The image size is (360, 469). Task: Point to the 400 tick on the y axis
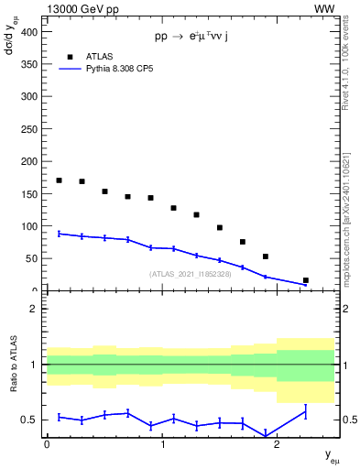pyautogui.click(x=30, y=31)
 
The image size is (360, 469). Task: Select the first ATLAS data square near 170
pyautogui.click(x=60, y=180)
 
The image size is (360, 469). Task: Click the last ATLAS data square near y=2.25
pyautogui.click(x=305, y=280)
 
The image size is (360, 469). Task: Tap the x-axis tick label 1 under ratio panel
pyautogui.click(x=162, y=444)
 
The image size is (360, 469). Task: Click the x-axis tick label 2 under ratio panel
pyautogui.click(x=278, y=444)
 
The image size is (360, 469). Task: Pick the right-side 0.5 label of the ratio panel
pyautogui.click(x=346, y=420)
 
